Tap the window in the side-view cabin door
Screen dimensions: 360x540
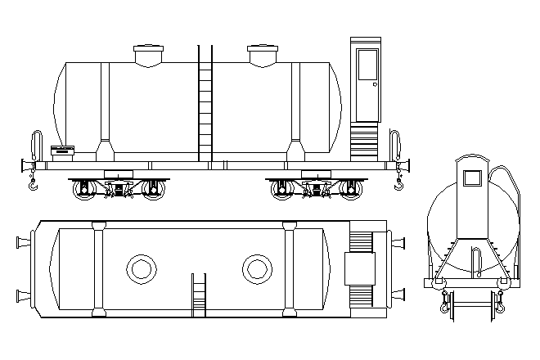[367, 65]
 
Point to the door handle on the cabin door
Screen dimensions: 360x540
[374, 83]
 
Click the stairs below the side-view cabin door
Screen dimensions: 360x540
[365, 142]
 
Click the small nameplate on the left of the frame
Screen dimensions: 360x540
[62, 150]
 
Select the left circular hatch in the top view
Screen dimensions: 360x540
[141, 268]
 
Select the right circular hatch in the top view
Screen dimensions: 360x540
[256, 268]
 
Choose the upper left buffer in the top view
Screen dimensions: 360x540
[23, 241]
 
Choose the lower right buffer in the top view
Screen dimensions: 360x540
[399, 293]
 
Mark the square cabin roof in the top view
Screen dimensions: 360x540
[358, 268]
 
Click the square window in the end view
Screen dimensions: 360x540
[471, 178]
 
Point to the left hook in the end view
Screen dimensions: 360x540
[445, 304]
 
